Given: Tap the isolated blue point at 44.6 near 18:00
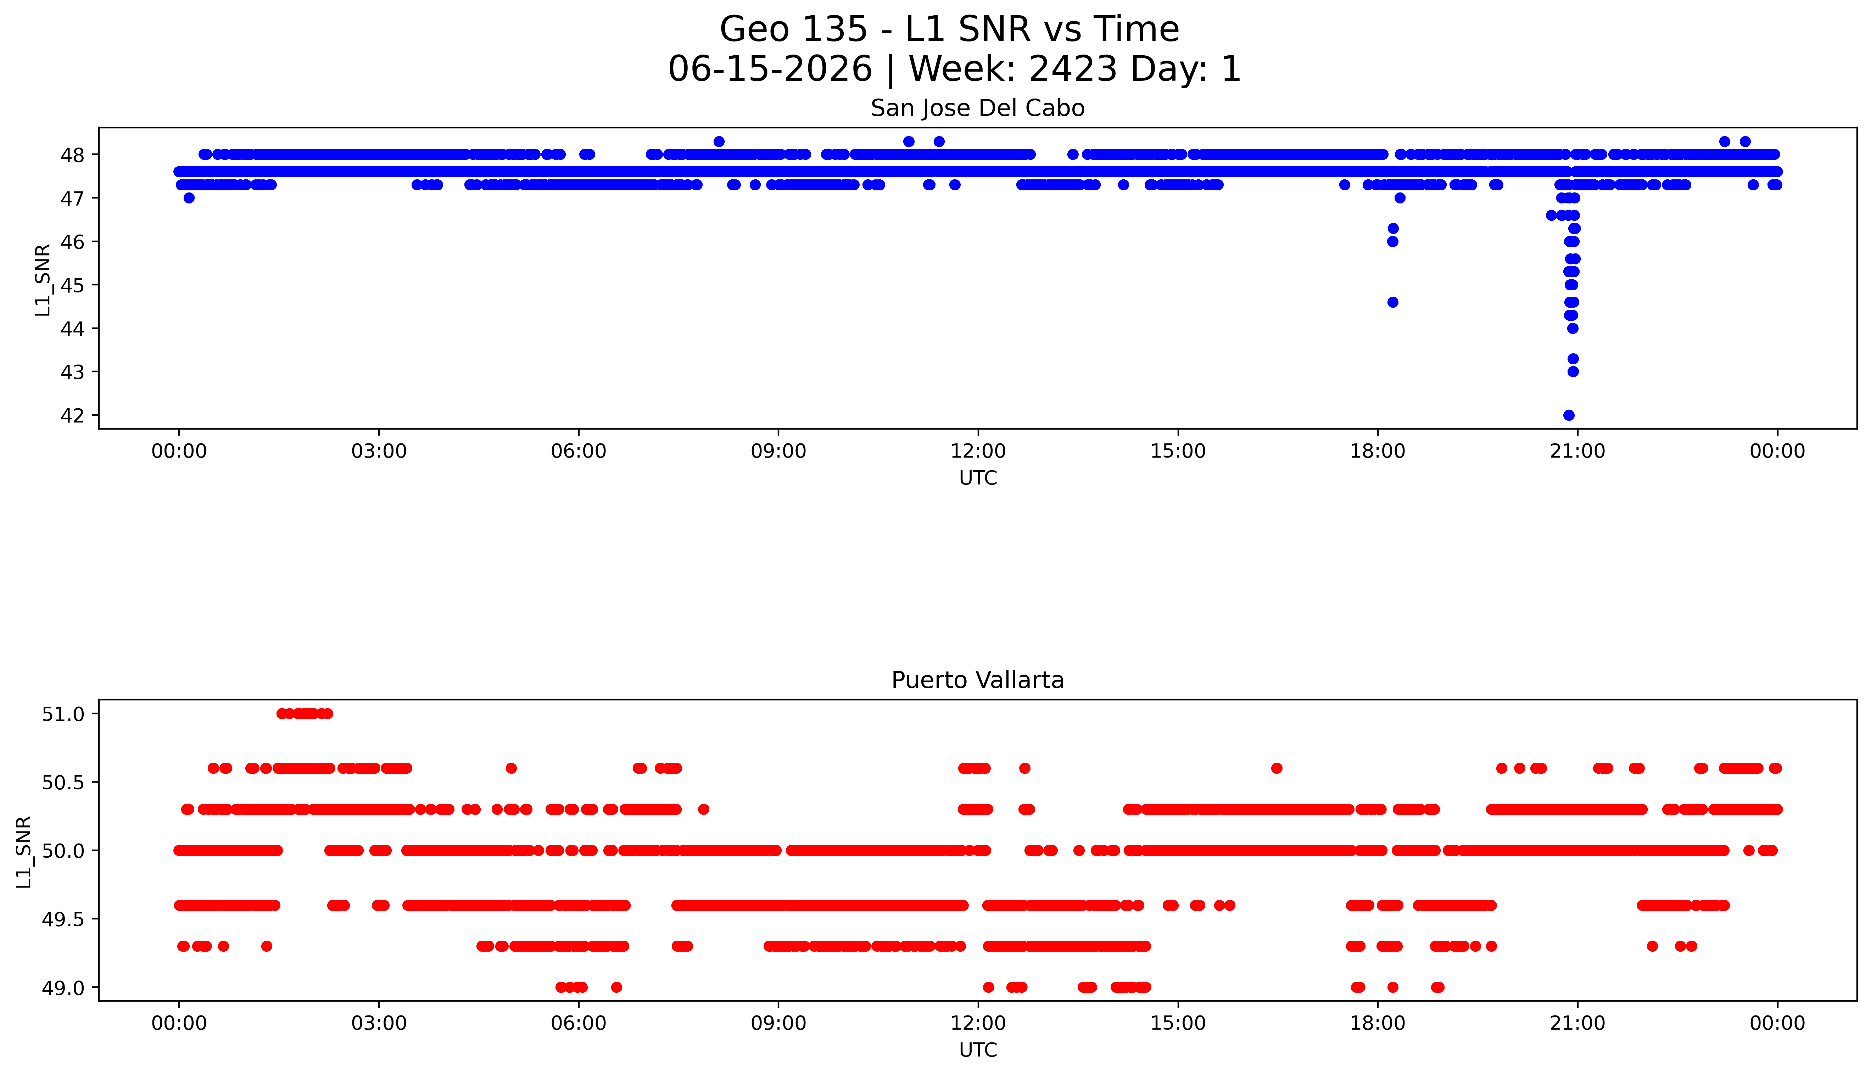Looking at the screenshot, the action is [1392, 302].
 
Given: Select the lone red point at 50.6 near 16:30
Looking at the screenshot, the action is [1277, 768].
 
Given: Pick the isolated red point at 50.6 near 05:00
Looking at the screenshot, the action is [511, 768].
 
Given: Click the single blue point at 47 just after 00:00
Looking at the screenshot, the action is [189, 198].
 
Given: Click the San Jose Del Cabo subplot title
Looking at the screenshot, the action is [978, 108].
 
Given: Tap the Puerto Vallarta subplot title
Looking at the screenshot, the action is [978, 680].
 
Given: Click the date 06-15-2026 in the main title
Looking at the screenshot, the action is [770, 69].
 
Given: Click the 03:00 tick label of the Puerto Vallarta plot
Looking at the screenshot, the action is [379, 1023].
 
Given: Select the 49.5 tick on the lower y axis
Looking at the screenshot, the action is [63, 919].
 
